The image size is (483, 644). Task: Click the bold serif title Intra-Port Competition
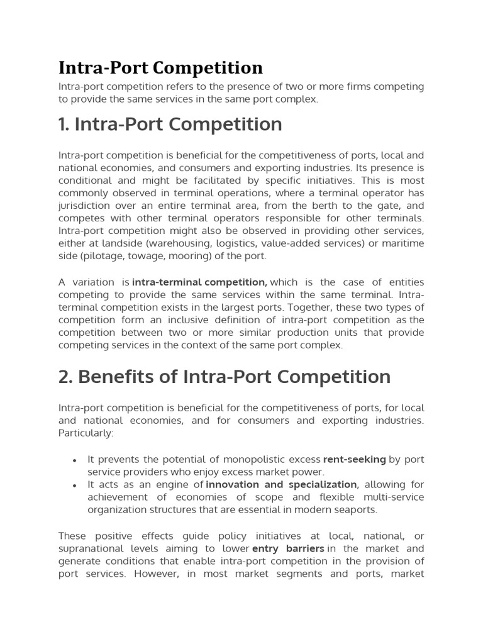point(160,67)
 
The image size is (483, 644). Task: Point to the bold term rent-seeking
point(354,459)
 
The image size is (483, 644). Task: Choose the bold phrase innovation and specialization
point(282,484)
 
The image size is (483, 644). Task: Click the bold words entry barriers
point(288,548)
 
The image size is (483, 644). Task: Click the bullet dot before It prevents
point(75,460)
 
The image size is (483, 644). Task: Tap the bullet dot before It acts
point(75,486)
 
